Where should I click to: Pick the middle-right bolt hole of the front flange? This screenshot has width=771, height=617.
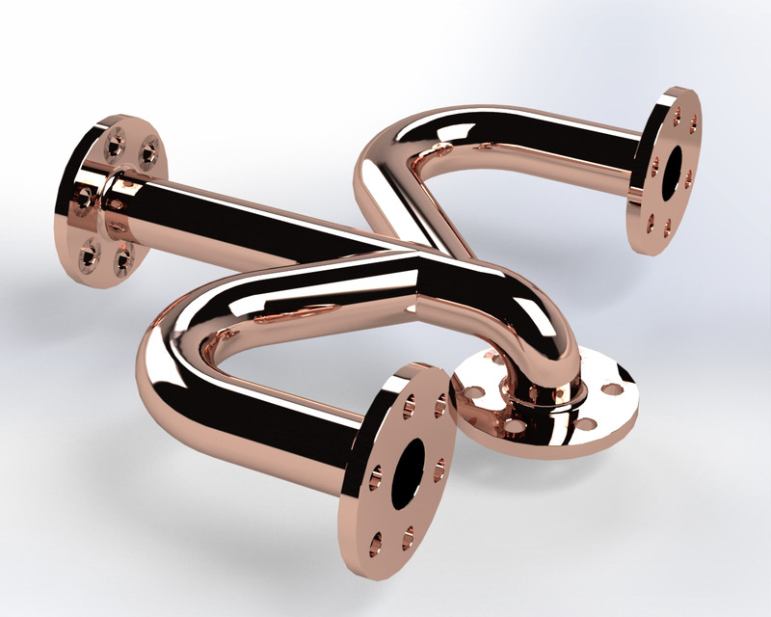439,470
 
